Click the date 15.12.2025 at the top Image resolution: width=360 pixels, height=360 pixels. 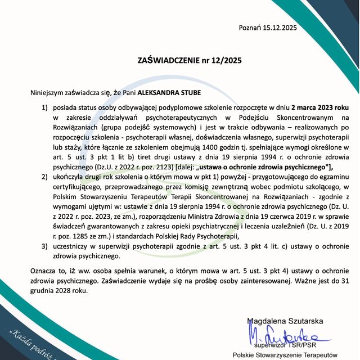click(x=280, y=27)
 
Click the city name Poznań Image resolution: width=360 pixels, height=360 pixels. click(x=250, y=27)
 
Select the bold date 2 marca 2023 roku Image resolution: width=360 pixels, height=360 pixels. click(x=306, y=107)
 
